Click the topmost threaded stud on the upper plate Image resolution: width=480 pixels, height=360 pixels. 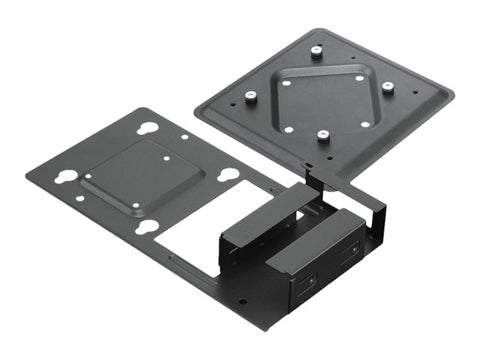[x=315, y=52]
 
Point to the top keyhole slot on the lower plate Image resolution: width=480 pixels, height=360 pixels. [x=147, y=128]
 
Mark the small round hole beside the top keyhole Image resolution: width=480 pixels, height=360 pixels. [x=183, y=138]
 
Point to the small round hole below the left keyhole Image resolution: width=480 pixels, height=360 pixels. [x=79, y=199]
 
